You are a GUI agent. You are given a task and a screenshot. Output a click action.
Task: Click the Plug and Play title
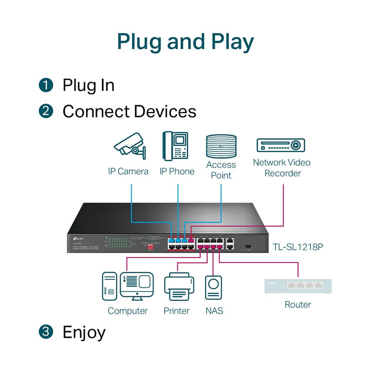point(185,42)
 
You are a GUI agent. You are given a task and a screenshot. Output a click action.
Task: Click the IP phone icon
point(176,146)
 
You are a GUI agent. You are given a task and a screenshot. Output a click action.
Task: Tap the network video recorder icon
point(281,145)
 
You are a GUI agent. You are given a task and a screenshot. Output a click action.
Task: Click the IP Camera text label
point(128,172)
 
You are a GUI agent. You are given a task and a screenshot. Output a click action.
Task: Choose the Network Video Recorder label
point(281,168)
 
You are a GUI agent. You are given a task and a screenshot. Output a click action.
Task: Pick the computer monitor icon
point(136,286)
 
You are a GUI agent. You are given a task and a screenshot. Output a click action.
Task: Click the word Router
point(298,305)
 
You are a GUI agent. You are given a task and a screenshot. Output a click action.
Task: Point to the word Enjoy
point(84,332)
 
